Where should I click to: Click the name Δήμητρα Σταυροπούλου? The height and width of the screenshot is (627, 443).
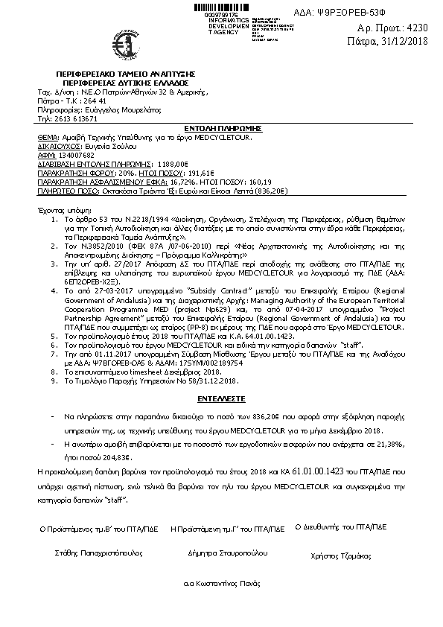click(227, 554)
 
